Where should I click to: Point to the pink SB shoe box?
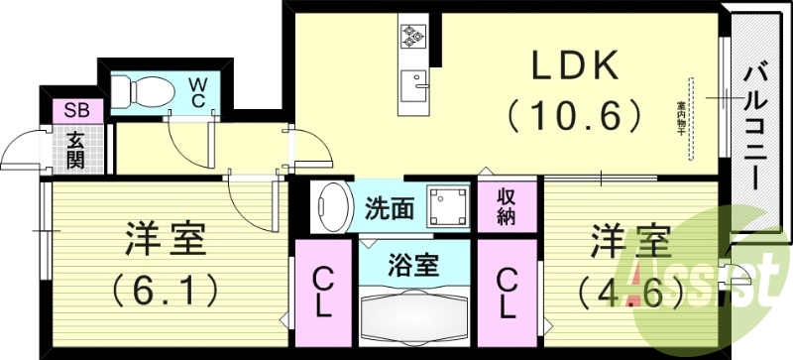[x=74, y=109]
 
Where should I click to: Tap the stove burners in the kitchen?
[x=412, y=36]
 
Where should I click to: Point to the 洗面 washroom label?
[x=390, y=209]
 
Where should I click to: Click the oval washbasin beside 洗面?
[x=332, y=207]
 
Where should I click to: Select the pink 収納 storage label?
[x=505, y=208]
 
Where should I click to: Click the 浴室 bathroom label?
[x=414, y=265]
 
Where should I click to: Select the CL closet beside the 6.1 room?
[x=322, y=292]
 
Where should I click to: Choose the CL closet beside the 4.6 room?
[x=506, y=292]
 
